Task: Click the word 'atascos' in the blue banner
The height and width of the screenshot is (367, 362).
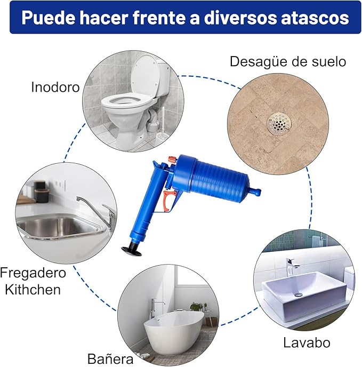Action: (x=315, y=18)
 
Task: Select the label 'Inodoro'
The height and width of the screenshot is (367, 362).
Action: (x=55, y=87)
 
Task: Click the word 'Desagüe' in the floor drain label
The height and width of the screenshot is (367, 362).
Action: (x=259, y=62)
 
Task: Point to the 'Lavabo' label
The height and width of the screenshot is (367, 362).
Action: (x=307, y=342)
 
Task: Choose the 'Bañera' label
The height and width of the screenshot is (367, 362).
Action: (x=110, y=358)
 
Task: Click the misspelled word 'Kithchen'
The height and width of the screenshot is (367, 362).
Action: (x=33, y=290)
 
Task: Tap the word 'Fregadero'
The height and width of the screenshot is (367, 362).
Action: (x=33, y=273)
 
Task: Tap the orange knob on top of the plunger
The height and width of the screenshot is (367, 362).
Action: (x=173, y=160)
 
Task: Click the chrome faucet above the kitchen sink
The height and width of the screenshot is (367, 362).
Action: (x=96, y=211)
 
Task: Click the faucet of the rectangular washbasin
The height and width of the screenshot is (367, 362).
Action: (x=292, y=267)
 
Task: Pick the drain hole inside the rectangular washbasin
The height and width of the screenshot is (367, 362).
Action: (x=299, y=294)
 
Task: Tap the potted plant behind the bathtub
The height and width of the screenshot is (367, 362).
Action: (x=197, y=306)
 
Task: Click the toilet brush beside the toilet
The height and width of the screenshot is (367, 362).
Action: (x=162, y=123)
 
